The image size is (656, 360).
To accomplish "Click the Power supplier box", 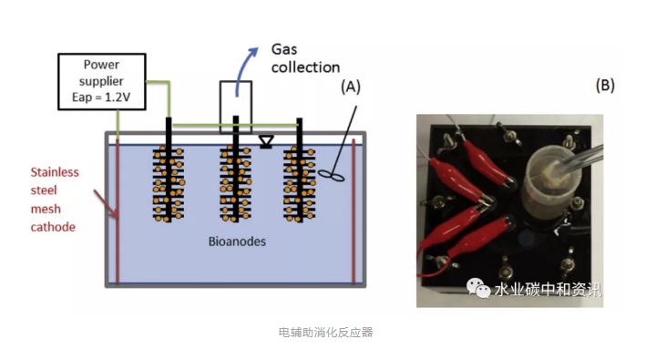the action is [102, 82].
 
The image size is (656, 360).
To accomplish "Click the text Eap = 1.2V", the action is [101, 98].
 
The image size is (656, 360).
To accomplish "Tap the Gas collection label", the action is [305, 58].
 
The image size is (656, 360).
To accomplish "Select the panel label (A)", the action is [351, 87].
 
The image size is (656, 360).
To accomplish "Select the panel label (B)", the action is [605, 85].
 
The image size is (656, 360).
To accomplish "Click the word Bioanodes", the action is [237, 242].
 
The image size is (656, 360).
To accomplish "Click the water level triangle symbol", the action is [266, 141].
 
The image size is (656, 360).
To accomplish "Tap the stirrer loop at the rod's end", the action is [332, 176].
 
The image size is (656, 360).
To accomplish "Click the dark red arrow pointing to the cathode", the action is [106, 204].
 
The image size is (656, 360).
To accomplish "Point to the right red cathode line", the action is [354, 211].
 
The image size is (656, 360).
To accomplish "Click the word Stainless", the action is [55, 172].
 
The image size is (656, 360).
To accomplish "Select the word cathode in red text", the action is [53, 227].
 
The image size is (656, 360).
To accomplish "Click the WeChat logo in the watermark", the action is [478, 288].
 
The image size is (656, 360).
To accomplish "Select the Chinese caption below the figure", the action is [325, 333].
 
